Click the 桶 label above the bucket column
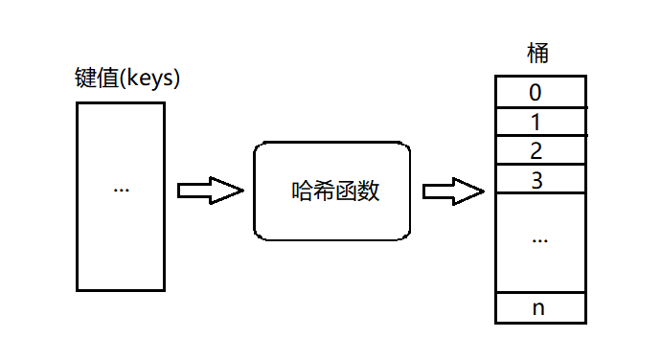coord(538,54)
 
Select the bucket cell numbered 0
coord(539,92)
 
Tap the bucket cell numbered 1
coord(539,122)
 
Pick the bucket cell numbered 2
coord(539,150)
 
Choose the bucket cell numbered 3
coord(539,179)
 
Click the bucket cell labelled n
coord(539,308)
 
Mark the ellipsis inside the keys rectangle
coord(121,189)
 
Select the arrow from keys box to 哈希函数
coord(211,191)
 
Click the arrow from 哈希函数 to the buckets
coord(453,191)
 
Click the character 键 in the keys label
coord(84,78)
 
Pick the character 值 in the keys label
coord(105,78)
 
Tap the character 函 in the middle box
coord(347,191)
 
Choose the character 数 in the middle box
coord(369,191)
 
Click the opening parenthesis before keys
coord(121,79)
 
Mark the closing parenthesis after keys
coord(177,79)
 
